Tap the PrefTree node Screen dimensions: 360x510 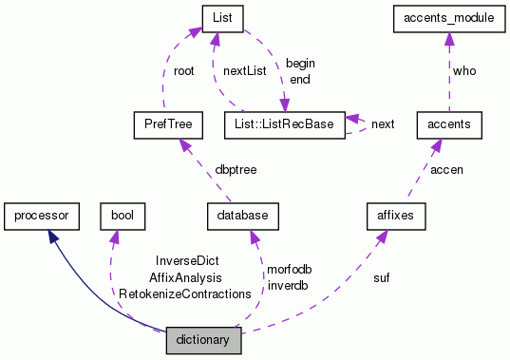[163, 123]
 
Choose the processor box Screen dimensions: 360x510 [41, 218]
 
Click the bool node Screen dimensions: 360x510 [122, 218]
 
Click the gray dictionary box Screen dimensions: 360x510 [203, 339]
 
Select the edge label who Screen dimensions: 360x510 [464, 69]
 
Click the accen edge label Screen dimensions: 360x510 [446, 169]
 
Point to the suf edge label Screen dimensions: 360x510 [382, 278]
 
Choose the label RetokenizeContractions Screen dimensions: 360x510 [184, 294]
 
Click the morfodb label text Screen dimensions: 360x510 [289, 270]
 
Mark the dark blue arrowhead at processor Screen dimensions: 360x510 [54, 237]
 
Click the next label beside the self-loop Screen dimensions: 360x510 [383, 124]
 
